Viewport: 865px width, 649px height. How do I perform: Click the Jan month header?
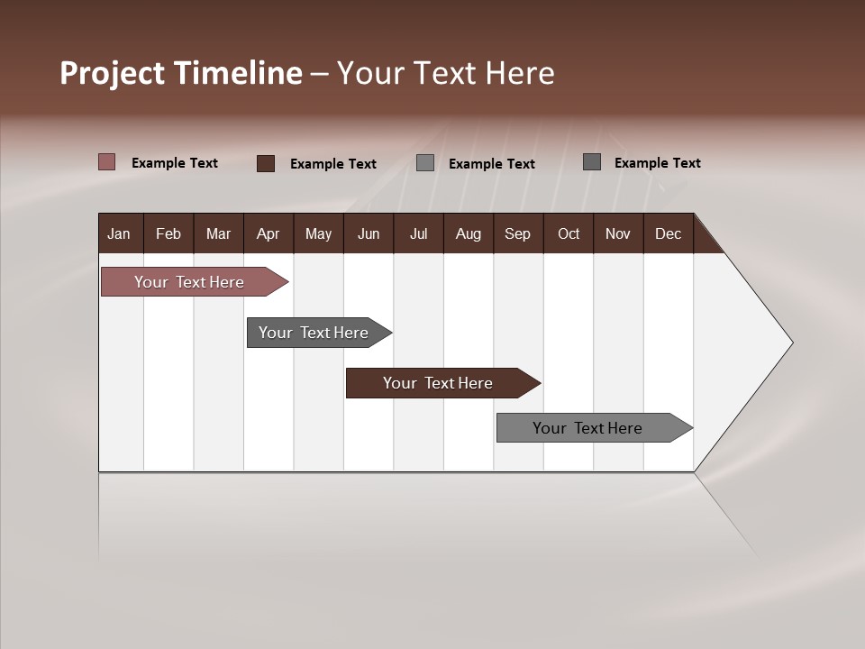pyautogui.click(x=119, y=233)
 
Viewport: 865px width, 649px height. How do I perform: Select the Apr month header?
pyautogui.click(x=268, y=233)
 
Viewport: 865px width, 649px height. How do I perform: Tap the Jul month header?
pyautogui.click(x=418, y=233)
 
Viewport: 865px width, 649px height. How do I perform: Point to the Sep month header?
pyautogui.click(x=517, y=233)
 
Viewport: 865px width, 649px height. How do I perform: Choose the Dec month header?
pyautogui.click(x=668, y=233)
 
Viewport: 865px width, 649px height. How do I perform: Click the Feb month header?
pyautogui.click(x=168, y=233)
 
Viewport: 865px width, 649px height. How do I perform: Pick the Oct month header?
pyautogui.click(x=569, y=233)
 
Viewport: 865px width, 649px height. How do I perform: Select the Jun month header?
pyautogui.click(x=369, y=233)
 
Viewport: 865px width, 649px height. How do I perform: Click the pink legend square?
pyautogui.click(x=107, y=162)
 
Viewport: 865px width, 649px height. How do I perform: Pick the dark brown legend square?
pyautogui.click(x=266, y=163)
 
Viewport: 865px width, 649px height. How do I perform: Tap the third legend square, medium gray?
pyautogui.click(x=425, y=163)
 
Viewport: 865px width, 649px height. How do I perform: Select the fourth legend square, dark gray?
pyautogui.click(x=592, y=162)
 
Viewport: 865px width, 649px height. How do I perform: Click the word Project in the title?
pyautogui.click(x=112, y=73)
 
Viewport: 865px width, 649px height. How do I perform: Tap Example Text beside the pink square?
pyautogui.click(x=175, y=163)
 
